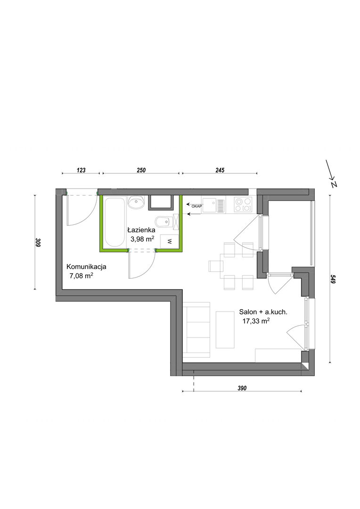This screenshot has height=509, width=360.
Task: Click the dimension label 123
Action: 81,170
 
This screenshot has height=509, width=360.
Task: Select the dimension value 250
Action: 141,170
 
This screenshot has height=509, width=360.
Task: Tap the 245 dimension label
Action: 220,170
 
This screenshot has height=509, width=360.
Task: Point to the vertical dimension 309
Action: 38,243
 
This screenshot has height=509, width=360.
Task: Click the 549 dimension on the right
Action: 333,279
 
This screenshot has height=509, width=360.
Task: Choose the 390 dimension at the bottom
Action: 242,388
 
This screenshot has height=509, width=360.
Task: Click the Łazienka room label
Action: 141,230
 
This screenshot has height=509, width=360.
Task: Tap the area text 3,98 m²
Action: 142,239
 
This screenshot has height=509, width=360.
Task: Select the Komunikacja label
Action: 86,267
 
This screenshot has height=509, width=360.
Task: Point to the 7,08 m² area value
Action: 82,276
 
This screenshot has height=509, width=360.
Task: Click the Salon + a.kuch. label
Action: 263,312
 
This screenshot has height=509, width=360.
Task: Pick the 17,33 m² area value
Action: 256,321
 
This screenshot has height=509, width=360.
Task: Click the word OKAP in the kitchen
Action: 196,206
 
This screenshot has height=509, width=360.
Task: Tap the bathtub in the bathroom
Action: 114,222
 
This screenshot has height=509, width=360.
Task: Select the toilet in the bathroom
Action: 163,222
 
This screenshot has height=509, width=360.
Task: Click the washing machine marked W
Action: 170,240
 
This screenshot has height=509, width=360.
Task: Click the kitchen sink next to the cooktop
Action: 213,205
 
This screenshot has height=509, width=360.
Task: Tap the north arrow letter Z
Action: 334,184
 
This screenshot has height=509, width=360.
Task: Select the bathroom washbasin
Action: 136,202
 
